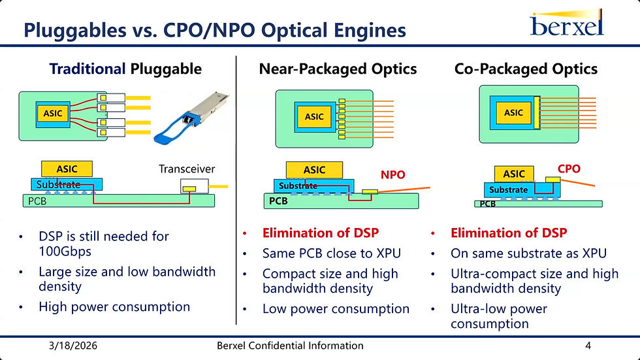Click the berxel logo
click(x=567, y=23)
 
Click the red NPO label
click(x=392, y=174)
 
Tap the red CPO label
click(x=569, y=169)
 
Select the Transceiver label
click(x=187, y=169)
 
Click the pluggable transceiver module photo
click(x=191, y=118)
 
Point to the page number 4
click(x=588, y=346)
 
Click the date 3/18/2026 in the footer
click(x=73, y=346)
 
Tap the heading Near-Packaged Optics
click(x=338, y=69)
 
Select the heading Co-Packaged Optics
click(x=526, y=69)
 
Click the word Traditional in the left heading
click(x=88, y=69)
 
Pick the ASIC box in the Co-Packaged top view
click(x=513, y=112)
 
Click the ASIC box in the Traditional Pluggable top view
click(x=53, y=114)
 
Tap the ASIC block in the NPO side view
click(x=314, y=170)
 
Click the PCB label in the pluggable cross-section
click(x=37, y=201)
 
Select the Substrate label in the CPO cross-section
click(x=508, y=189)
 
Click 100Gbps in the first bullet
click(x=65, y=252)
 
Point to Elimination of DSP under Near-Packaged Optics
click(x=321, y=233)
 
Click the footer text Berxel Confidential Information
click(x=290, y=346)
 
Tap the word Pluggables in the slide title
click(x=75, y=31)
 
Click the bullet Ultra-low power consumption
click(x=499, y=316)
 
